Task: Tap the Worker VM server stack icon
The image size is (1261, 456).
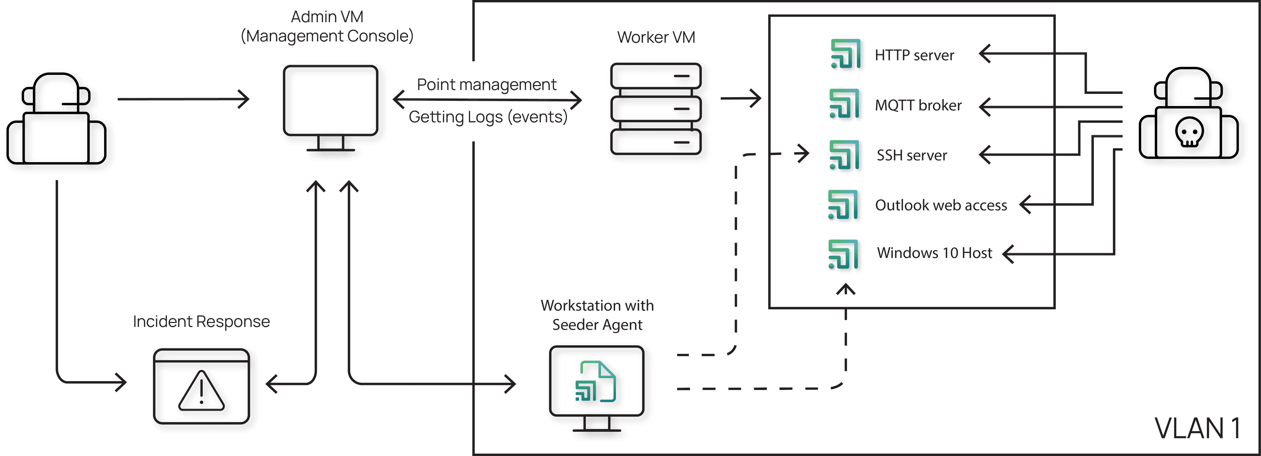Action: [x=658, y=112]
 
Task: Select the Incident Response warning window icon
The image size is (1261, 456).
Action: [x=204, y=389]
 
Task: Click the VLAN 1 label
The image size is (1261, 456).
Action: [x=1197, y=429]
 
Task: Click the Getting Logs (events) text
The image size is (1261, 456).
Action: [x=488, y=117]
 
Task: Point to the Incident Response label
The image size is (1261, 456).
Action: [x=201, y=321]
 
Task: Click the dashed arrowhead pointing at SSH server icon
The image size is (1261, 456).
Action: [x=803, y=154]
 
